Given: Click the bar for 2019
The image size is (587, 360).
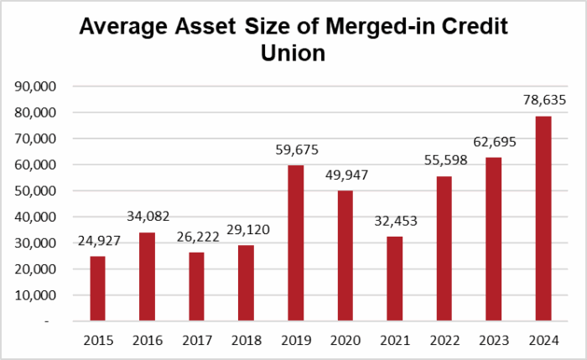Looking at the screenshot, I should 295,243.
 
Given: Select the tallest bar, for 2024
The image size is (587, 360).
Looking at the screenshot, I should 543,218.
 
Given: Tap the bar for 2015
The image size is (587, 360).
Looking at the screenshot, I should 97,288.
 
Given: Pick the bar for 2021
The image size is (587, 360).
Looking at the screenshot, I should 394,278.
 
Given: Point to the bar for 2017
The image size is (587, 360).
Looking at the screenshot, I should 196,286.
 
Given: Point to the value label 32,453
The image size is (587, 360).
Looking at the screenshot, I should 394,223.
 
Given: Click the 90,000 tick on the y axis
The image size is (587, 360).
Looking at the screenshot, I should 35,86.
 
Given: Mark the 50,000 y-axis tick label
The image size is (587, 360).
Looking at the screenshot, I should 35,190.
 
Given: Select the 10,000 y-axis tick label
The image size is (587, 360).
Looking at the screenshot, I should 35,295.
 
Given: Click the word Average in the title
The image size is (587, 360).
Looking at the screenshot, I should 127,27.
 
